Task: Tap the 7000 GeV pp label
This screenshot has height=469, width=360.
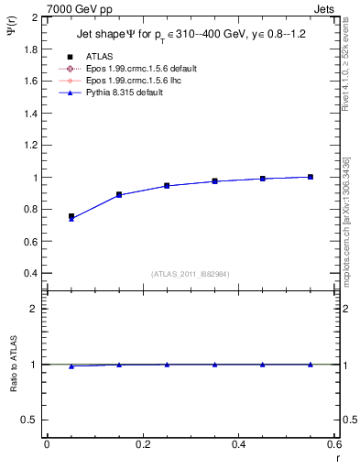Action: click(x=80, y=9)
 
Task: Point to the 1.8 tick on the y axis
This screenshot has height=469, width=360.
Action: click(x=27, y=49)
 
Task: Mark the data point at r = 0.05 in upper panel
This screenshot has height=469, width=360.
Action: click(x=71, y=217)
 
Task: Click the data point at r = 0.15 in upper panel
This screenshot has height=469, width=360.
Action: click(x=119, y=195)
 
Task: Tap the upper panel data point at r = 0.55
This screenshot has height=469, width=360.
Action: click(x=311, y=177)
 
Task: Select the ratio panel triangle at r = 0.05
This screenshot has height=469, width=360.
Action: click(x=71, y=366)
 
